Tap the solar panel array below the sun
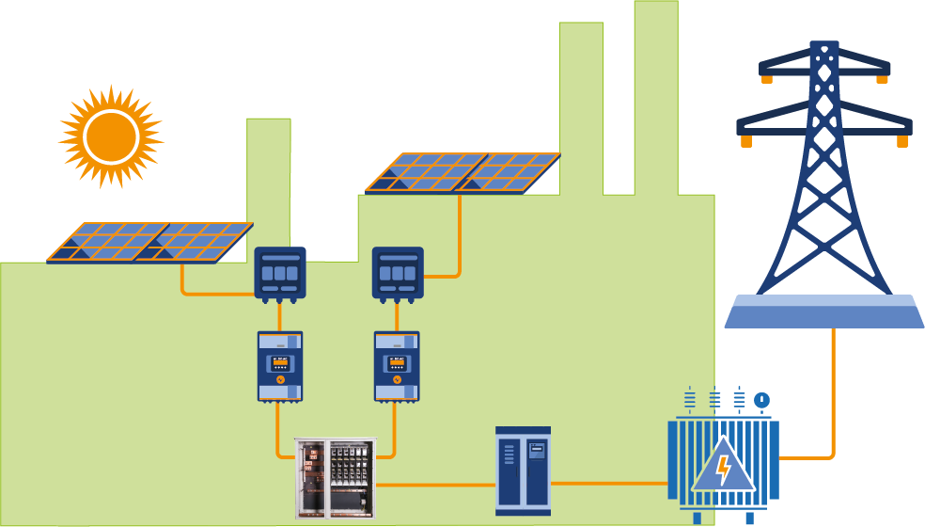pyautogui.click(x=150, y=242)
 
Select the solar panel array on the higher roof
pyautogui.click(x=462, y=173)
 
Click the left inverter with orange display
pyautogui.click(x=280, y=366)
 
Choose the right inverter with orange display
pyautogui.click(x=397, y=366)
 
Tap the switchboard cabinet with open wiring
pyautogui.click(x=335, y=478)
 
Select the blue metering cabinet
pyautogui.click(x=523, y=471)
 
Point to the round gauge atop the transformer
pyautogui.click(x=761, y=400)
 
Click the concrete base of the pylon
pyautogui.click(x=823, y=311)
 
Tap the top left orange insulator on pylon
pyautogui.click(x=767, y=80)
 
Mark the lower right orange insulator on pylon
pyautogui.click(x=902, y=141)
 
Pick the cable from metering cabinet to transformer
pyautogui.click(x=609, y=484)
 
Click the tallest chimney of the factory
pyautogui.click(x=655, y=94)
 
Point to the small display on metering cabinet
pyautogui.click(x=537, y=450)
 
